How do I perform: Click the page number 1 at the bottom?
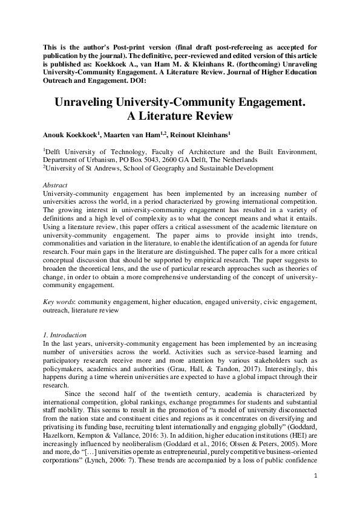pos(316,493)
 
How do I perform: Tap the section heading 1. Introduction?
pos(65,335)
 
